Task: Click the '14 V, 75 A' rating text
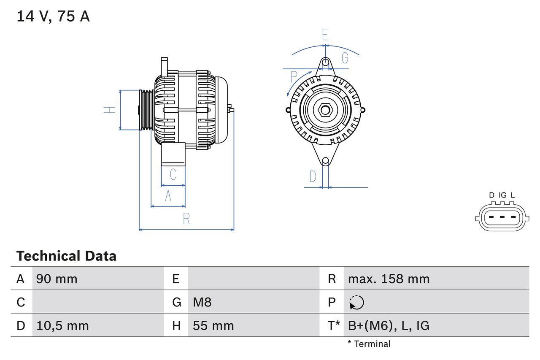click(x=53, y=16)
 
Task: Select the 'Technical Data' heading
click(x=66, y=256)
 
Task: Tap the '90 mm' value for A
click(x=57, y=279)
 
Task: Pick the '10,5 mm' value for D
click(x=62, y=325)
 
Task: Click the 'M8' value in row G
click(x=202, y=302)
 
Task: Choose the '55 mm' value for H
click(x=213, y=325)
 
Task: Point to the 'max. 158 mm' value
click(x=389, y=279)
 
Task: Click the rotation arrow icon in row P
click(x=356, y=303)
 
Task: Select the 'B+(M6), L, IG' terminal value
click(x=389, y=325)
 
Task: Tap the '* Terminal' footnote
click(x=369, y=344)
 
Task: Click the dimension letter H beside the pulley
click(x=110, y=110)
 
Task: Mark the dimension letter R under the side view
click(x=186, y=219)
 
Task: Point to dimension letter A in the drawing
click(x=168, y=196)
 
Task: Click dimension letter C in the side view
click(x=173, y=174)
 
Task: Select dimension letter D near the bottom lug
click(x=313, y=176)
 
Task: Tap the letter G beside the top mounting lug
click(x=345, y=58)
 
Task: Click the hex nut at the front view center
click(x=325, y=110)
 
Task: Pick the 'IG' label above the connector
click(x=502, y=195)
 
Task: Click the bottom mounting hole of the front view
click(x=325, y=161)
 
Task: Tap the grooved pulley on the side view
click(x=146, y=110)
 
